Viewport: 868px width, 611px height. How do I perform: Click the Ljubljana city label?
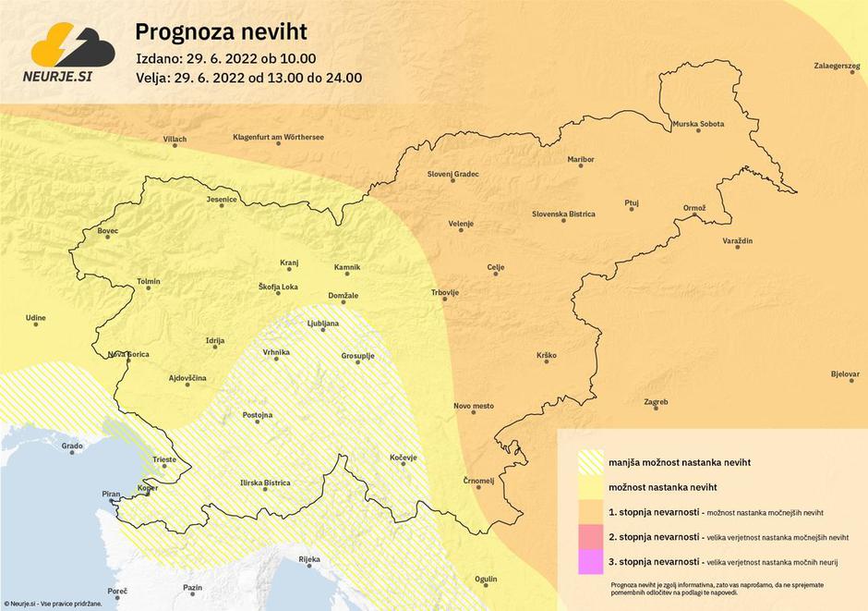click(323, 324)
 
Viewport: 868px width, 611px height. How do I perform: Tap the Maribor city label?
click(581, 160)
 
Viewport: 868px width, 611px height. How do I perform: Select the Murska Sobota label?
click(698, 124)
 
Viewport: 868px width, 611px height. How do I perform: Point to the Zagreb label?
click(656, 402)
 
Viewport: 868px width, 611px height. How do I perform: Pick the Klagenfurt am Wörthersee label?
click(278, 137)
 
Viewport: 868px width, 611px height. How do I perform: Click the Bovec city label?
click(107, 230)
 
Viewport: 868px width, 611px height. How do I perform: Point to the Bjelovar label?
click(845, 374)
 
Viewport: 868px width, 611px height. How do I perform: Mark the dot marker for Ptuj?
click(633, 210)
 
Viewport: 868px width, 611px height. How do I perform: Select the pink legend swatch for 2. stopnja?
click(589, 535)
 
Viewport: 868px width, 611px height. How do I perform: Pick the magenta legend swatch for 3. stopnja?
click(589, 561)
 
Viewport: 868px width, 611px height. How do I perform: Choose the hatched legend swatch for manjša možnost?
click(589, 460)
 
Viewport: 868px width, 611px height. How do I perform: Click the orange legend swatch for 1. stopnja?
click(589, 511)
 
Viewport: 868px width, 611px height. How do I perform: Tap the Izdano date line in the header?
click(231, 57)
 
